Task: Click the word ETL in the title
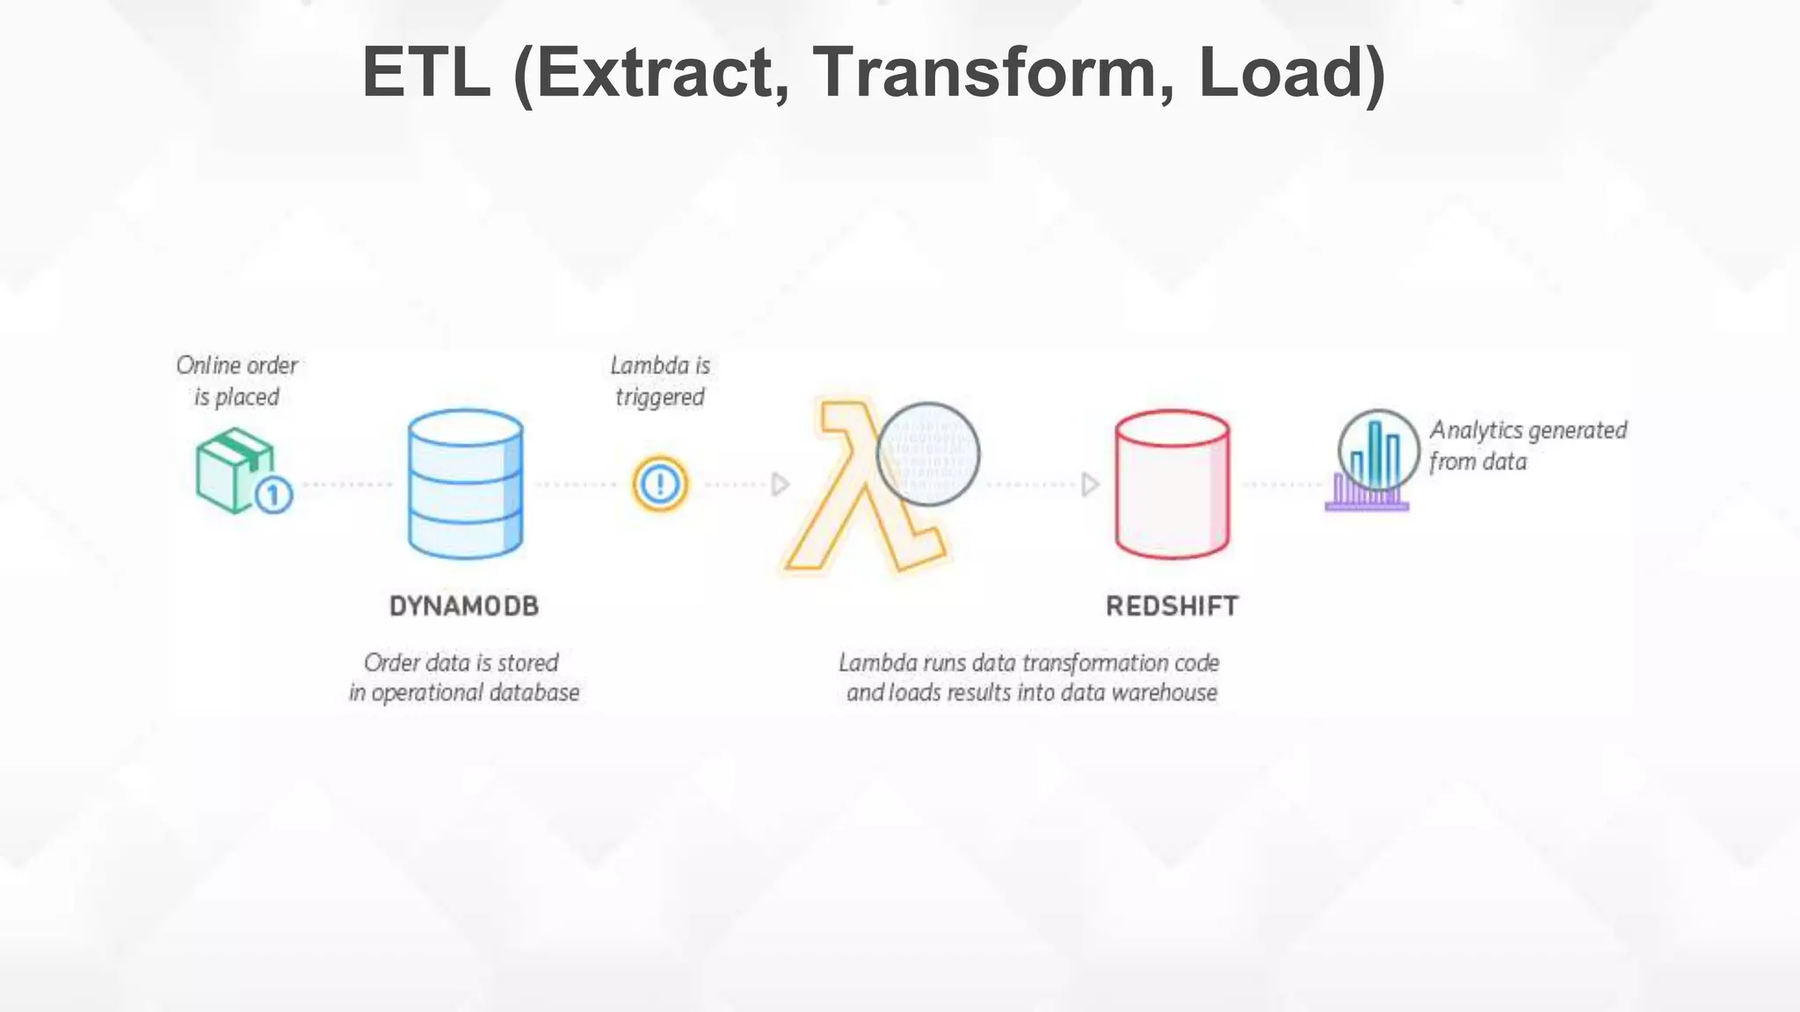425,72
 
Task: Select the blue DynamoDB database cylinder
465,483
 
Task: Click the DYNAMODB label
464,606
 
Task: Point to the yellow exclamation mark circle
659,484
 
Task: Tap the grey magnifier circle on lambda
928,454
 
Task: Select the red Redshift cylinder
1172,483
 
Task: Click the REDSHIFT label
1172,606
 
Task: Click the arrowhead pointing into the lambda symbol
780,484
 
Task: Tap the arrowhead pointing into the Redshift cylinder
1090,484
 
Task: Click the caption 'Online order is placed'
236,381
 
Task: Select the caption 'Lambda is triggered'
660,381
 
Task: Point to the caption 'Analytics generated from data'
1528,445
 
